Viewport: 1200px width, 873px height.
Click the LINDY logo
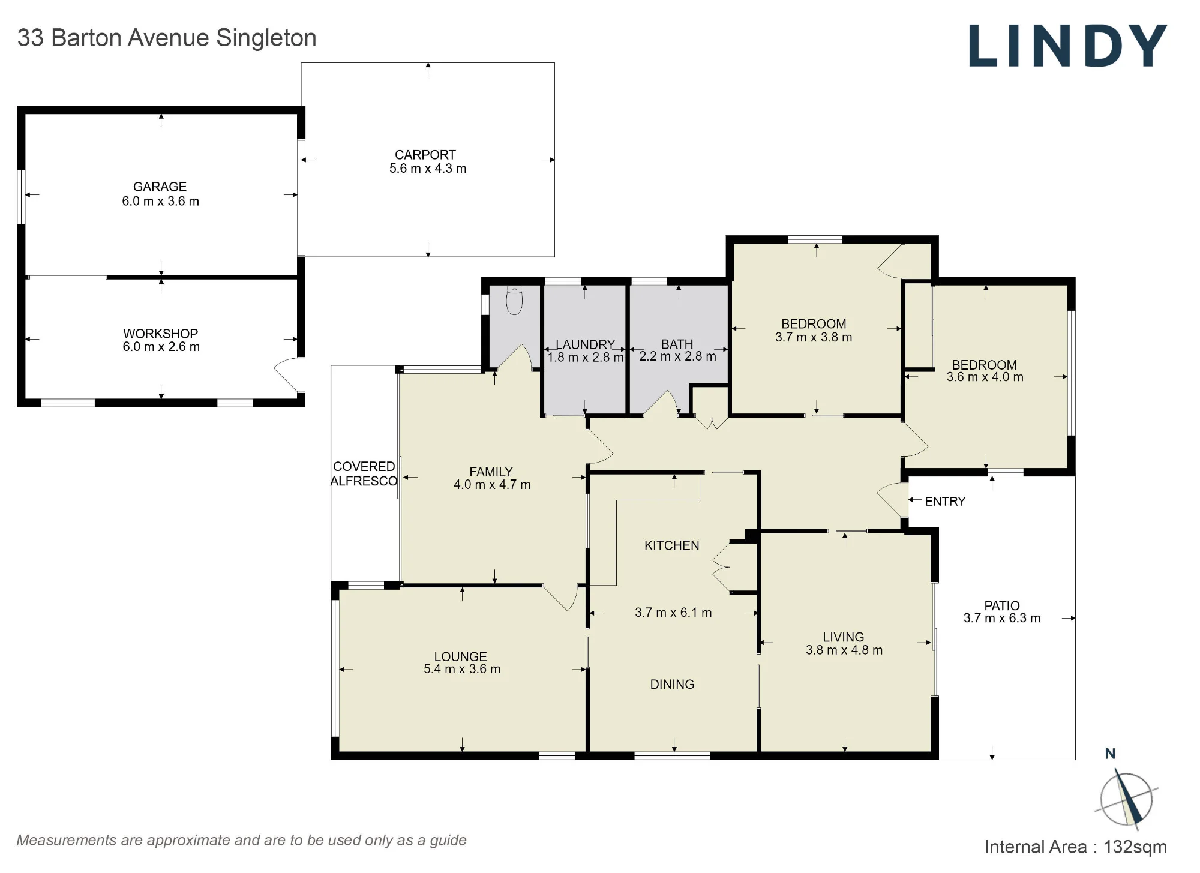[x=1067, y=46]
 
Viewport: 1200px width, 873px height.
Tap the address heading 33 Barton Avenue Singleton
[x=167, y=38]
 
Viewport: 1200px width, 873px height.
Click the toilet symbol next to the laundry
[x=514, y=301]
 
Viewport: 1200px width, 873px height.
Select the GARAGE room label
[x=160, y=187]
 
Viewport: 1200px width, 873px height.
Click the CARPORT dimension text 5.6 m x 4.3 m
[x=428, y=169]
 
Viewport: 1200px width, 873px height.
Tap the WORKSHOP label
[x=161, y=334]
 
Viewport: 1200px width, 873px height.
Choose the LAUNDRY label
[x=585, y=344]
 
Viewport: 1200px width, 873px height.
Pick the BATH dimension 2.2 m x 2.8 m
[x=677, y=356]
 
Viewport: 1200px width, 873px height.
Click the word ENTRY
[x=945, y=502]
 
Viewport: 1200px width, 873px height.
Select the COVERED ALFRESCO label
[x=364, y=474]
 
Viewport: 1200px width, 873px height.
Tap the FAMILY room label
[x=491, y=472]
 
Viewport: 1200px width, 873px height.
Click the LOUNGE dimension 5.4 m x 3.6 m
[x=462, y=669]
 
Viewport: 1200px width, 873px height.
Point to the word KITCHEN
[x=672, y=545]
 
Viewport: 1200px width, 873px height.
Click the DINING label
[x=672, y=684]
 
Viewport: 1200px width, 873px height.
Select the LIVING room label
[x=844, y=637]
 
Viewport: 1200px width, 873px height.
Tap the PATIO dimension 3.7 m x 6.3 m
[x=1002, y=618]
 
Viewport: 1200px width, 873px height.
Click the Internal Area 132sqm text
[x=1076, y=847]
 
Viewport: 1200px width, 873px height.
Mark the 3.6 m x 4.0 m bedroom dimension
[x=985, y=377]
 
